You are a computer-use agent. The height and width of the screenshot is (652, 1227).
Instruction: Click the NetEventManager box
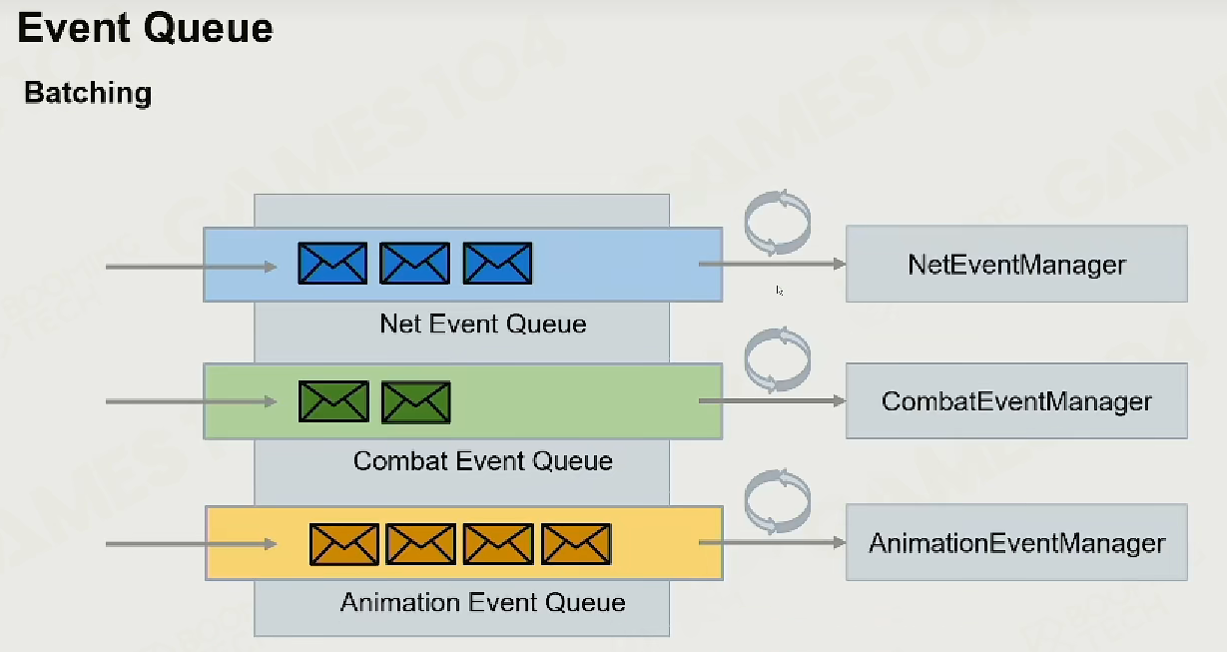[x=1016, y=264]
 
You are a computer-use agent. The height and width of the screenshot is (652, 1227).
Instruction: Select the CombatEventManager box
[x=1016, y=400]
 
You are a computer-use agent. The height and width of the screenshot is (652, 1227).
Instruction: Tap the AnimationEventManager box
[x=1016, y=542]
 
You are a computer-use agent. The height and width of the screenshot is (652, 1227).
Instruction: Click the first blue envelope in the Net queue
[x=332, y=264]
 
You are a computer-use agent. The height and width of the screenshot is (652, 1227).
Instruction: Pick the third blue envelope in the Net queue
[x=497, y=264]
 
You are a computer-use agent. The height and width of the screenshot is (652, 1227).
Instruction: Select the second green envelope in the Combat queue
[x=415, y=402]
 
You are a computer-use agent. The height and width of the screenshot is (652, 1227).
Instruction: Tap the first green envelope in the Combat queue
[x=333, y=402]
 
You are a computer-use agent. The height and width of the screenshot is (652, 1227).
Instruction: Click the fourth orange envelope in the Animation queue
[x=576, y=544]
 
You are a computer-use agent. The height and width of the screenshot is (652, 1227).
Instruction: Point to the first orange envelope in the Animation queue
[x=344, y=544]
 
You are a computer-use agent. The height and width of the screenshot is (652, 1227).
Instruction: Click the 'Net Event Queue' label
[x=483, y=324]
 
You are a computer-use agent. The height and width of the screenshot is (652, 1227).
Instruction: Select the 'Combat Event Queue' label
[x=482, y=460]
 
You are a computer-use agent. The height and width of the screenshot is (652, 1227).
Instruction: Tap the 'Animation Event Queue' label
[x=482, y=602]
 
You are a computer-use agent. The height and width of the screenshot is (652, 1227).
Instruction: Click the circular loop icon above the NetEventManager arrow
[x=746, y=222]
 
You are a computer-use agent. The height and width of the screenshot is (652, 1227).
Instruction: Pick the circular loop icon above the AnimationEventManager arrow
[x=746, y=501]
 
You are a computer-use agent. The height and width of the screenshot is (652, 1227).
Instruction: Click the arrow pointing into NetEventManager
[x=773, y=264]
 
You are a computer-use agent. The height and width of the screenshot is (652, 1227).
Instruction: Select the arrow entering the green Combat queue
[x=191, y=401]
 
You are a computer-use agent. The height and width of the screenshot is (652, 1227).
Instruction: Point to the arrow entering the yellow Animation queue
[x=191, y=544]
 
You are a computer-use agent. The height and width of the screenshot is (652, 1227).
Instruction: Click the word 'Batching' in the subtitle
[x=88, y=93]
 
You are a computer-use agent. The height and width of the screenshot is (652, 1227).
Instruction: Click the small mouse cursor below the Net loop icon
[x=779, y=291]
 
